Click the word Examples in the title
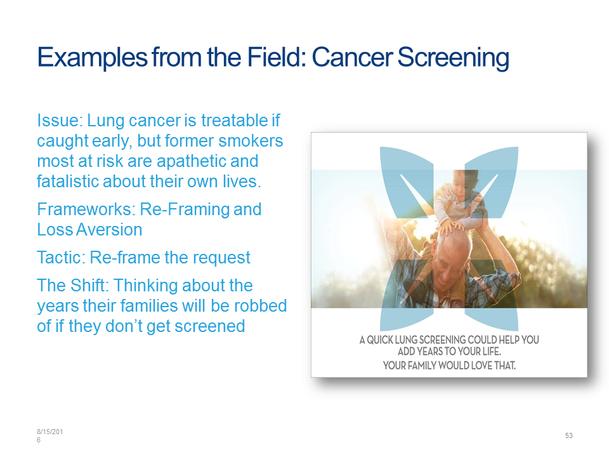point(93,58)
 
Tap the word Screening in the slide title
point(453,58)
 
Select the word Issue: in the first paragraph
point(60,121)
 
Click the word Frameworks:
point(86,209)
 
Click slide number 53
point(568,435)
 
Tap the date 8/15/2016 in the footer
point(49,435)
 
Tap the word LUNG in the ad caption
point(407,340)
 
